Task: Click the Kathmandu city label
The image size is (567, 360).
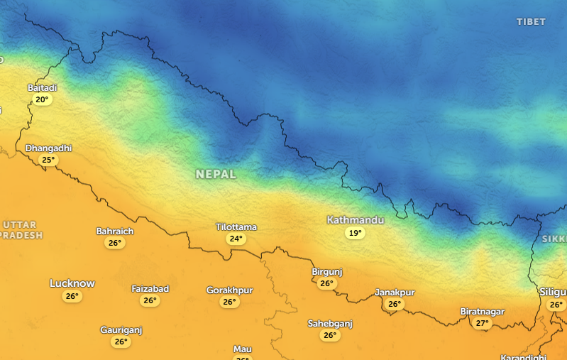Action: [x=355, y=220]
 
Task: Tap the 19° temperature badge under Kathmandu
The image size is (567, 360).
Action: [x=355, y=233]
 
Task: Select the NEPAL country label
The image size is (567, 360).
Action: [x=216, y=174]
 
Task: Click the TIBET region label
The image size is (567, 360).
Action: [x=531, y=22]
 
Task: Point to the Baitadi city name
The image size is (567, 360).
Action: [x=42, y=87]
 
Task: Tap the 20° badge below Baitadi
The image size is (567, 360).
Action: [x=42, y=99]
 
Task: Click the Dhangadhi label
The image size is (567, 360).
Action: [x=48, y=148]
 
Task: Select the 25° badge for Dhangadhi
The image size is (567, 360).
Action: [x=48, y=160]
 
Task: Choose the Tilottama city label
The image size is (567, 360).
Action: [x=236, y=227]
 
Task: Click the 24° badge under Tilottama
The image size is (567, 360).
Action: [x=236, y=239]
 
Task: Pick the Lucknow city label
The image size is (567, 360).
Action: [x=72, y=283]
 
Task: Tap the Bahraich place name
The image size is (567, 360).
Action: [x=114, y=231]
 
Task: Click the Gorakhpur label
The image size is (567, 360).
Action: [x=229, y=290]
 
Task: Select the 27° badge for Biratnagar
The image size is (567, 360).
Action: [x=483, y=323]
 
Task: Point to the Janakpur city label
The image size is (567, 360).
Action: [x=395, y=293]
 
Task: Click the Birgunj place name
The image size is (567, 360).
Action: [x=327, y=272]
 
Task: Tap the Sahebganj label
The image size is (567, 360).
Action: [x=330, y=324]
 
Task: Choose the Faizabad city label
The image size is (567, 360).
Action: [x=150, y=289]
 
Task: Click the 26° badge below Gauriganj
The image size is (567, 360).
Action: [x=121, y=342]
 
